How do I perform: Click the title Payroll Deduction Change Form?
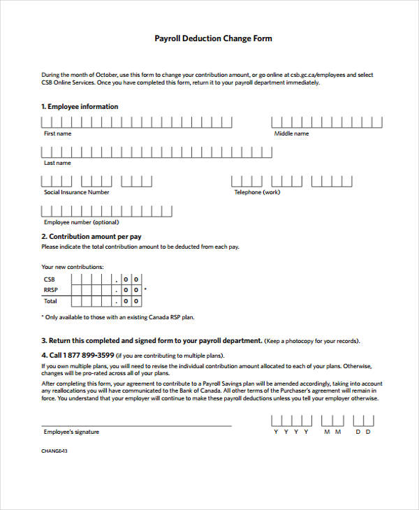[x=213, y=38]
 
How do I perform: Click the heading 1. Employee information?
[x=80, y=107]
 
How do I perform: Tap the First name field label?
[x=57, y=133]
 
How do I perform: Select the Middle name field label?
[x=291, y=133]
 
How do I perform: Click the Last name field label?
[x=57, y=163]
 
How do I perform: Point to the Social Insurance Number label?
[x=76, y=192]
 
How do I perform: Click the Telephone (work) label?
[x=257, y=192]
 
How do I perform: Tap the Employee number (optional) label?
[x=81, y=222]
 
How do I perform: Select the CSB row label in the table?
[x=49, y=279]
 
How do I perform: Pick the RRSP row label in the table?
[x=50, y=290]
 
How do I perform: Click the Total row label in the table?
[x=50, y=301]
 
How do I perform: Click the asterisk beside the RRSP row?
[x=145, y=289]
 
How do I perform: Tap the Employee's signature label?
[x=71, y=432]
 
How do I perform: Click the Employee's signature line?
[x=136, y=425]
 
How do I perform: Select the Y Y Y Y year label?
[x=291, y=432]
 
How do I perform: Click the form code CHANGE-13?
[x=54, y=451]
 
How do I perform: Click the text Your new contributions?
[x=72, y=267]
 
